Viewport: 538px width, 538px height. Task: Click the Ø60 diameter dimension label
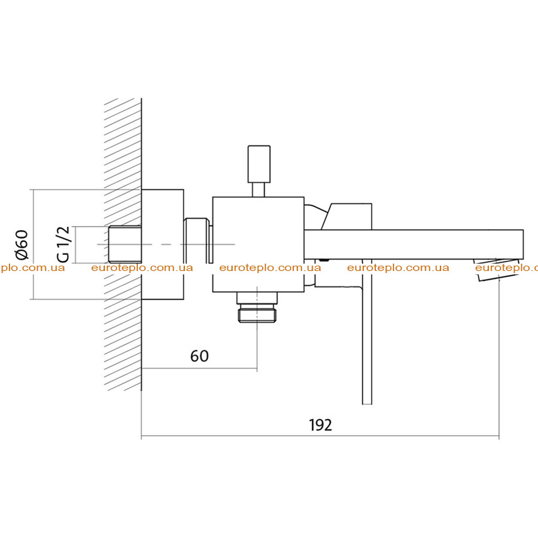(22, 244)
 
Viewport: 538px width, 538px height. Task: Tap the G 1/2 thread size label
(63, 244)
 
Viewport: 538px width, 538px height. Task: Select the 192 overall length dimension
(321, 425)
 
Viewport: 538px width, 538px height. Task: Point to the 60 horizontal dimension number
(199, 356)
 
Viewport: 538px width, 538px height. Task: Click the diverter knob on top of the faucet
(259, 164)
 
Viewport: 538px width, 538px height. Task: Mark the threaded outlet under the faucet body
(257, 307)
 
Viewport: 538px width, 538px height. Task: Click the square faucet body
(258, 244)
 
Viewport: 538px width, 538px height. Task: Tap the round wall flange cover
(163, 244)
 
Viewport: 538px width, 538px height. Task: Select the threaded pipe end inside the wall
(125, 244)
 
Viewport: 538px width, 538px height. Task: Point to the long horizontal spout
(414, 244)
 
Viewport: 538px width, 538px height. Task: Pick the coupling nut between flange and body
(196, 241)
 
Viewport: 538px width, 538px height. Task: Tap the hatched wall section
(123, 244)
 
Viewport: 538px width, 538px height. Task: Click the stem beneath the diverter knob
(258, 190)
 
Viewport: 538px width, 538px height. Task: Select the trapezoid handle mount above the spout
(346, 217)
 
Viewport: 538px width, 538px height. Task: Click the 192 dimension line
(320, 436)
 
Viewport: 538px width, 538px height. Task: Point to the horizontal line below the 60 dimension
(199, 369)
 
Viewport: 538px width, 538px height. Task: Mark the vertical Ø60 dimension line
(33, 244)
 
